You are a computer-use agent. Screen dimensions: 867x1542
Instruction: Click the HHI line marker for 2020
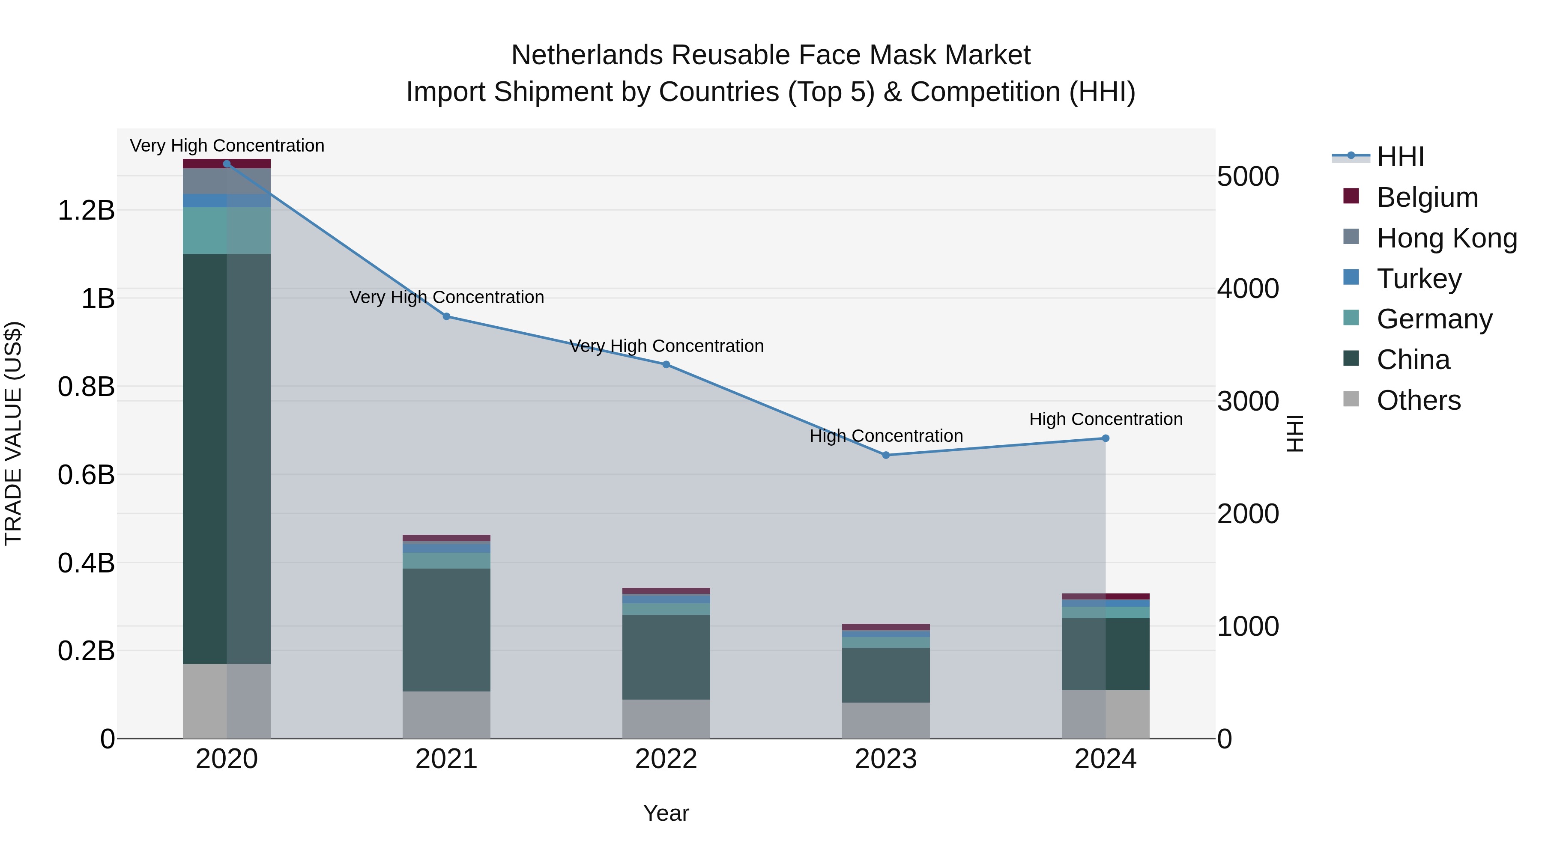point(227,164)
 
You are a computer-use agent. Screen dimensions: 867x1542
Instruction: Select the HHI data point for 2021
point(447,316)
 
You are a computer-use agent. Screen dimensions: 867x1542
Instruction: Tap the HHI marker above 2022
point(666,364)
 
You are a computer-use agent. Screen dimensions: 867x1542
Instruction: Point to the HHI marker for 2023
point(886,456)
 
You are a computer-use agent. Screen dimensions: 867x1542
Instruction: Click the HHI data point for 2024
point(1106,438)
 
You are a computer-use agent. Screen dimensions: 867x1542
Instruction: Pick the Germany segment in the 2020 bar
point(227,230)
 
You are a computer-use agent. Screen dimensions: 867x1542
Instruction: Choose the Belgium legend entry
point(1427,197)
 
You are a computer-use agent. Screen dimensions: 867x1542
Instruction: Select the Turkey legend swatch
point(1351,277)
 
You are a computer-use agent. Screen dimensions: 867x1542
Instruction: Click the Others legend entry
point(1418,400)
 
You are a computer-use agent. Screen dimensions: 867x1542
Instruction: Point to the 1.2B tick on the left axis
point(86,211)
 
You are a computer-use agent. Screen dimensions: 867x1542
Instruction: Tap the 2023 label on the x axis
point(886,759)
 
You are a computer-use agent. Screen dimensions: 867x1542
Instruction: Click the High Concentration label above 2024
point(1106,420)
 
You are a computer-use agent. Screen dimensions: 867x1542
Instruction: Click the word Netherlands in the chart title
point(587,55)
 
